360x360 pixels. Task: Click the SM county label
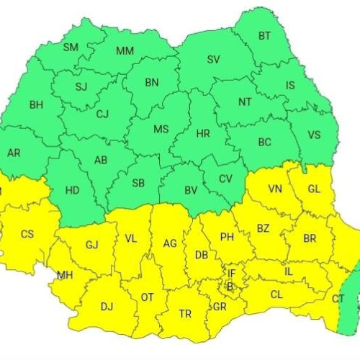pyautogui.click(x=71, y=48)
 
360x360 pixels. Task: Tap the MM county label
pyautogui.click(x=125, y=50)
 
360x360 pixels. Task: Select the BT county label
pyautogui.click(x=264, y=35)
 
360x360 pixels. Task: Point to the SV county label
pyautogui.click(x=213, y=60)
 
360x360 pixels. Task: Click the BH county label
pyautogui.click(x=36, y=105)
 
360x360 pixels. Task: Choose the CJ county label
pyautogui.click(x=102, y=113)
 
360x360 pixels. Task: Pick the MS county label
pyautogui.click(x=161, y=129)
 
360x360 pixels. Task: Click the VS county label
pyautogui.click(x=314, y=135)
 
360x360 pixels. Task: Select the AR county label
pyautogui.click(x=14, y=153)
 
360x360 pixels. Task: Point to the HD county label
pyautogui.click(x=72, y=191)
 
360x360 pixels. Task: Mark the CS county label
pyautogui.click(x=27, y=234)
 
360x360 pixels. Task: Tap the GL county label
pyautogui.click(x=314, y=189)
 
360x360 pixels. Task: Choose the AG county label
pyautogui.click(x=170, y=243)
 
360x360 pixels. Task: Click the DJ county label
pyautogui.click(x=107, y=307)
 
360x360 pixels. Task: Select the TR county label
pyautogui.click(x=185, y=314)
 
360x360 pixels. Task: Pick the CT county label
pyautogui.click(x=338, y=298)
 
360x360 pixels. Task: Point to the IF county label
pyautogui.click(x=231, y=273)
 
